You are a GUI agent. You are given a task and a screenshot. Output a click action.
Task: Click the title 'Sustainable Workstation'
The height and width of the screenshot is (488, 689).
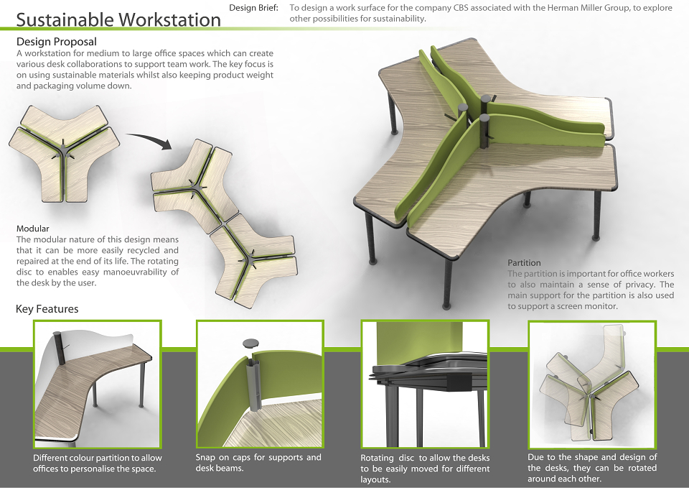pos(118,20)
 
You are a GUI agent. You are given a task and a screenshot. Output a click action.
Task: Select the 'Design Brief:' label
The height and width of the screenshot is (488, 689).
pos(253,8)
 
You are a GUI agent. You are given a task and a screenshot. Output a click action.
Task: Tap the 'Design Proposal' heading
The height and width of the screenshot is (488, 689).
pos(56,42)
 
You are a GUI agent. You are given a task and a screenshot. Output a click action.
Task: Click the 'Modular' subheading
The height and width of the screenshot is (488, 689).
pos(32,229)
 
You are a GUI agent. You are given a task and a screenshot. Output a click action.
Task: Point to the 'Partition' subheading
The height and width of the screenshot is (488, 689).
pos(524,263)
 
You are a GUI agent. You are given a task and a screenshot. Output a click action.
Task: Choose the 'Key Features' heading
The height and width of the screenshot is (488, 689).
pos(47,309)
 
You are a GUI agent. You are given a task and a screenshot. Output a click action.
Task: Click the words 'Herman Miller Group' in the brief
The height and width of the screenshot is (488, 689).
pos(590,8)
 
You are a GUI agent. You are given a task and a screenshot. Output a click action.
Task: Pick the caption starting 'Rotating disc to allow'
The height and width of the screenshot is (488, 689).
pos(425,469)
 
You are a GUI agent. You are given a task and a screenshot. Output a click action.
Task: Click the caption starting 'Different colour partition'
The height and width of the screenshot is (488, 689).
pos(98,464)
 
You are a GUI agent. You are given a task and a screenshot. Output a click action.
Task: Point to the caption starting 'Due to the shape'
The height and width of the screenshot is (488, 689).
pos(592,468)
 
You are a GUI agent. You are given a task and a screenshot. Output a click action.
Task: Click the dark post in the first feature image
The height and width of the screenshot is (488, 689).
pos(60,349)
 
